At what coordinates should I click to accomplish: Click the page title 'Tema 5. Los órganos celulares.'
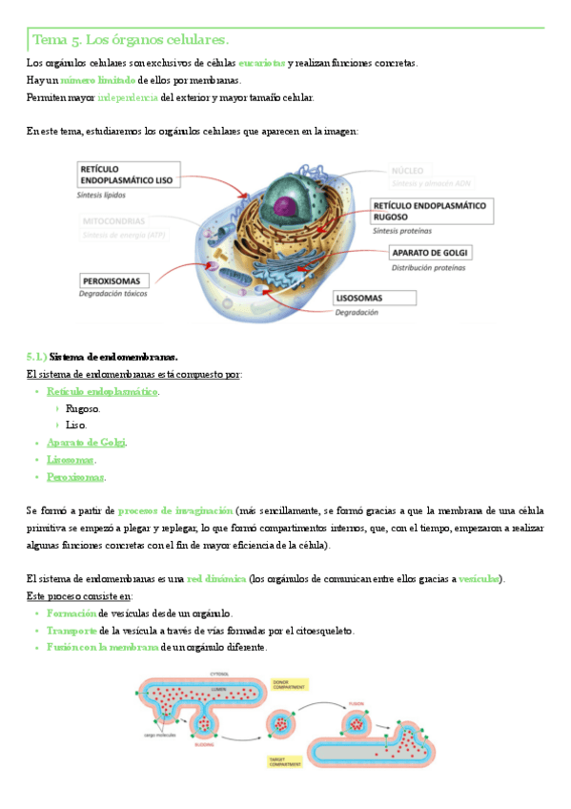[x=131, y=40]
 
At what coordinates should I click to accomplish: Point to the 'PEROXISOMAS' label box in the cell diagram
[x=112, y=281]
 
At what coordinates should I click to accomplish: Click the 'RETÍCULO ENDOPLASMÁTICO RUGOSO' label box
[x=431, y=211]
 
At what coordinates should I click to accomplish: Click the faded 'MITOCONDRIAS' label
[x=113, y=220]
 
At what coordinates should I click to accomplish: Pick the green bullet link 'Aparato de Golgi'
[x=87, y=443]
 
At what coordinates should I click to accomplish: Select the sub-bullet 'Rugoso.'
[x=83, y=408]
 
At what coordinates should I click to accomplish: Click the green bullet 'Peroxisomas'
[x=76, y=477]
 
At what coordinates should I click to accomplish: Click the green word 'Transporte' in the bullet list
[x=71, y=631]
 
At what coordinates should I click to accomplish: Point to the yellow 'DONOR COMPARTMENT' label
[x=287, y=684]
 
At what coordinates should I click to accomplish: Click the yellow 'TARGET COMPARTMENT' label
[x=284, y=761]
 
